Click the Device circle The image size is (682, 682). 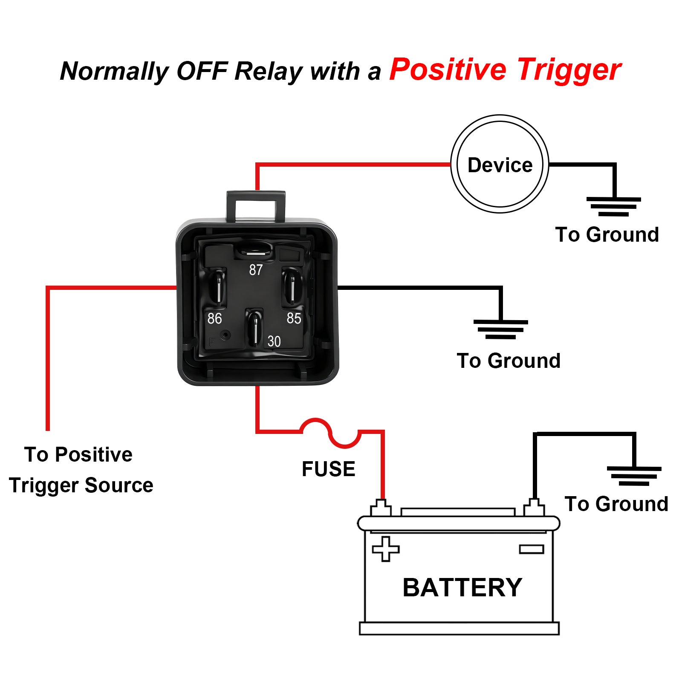click(x=500, y=164)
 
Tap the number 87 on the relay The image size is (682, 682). click(x=256, y=270)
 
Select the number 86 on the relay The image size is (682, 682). click(x=214, y=318)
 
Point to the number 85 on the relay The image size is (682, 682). click(x=294, y=318)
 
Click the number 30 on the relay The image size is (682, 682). click(x=274, y=341)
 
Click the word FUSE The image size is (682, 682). click(x=328, y=469)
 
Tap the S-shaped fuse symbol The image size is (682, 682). click(x=330, y=433)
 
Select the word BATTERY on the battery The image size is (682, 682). click(x=462, y=587)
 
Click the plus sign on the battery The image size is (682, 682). click(x=386, y=549)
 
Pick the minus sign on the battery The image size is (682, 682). click(x=532, y=549)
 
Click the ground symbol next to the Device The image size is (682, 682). click(x=613, y=206)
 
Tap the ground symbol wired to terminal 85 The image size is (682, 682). click(x=500, y=329)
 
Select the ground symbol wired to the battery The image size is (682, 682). click(x=634, y=476)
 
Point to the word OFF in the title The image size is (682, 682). click(x=202, y=71)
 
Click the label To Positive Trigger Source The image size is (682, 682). click(x=80, y=470)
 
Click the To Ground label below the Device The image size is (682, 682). click(x=607, y=234)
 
